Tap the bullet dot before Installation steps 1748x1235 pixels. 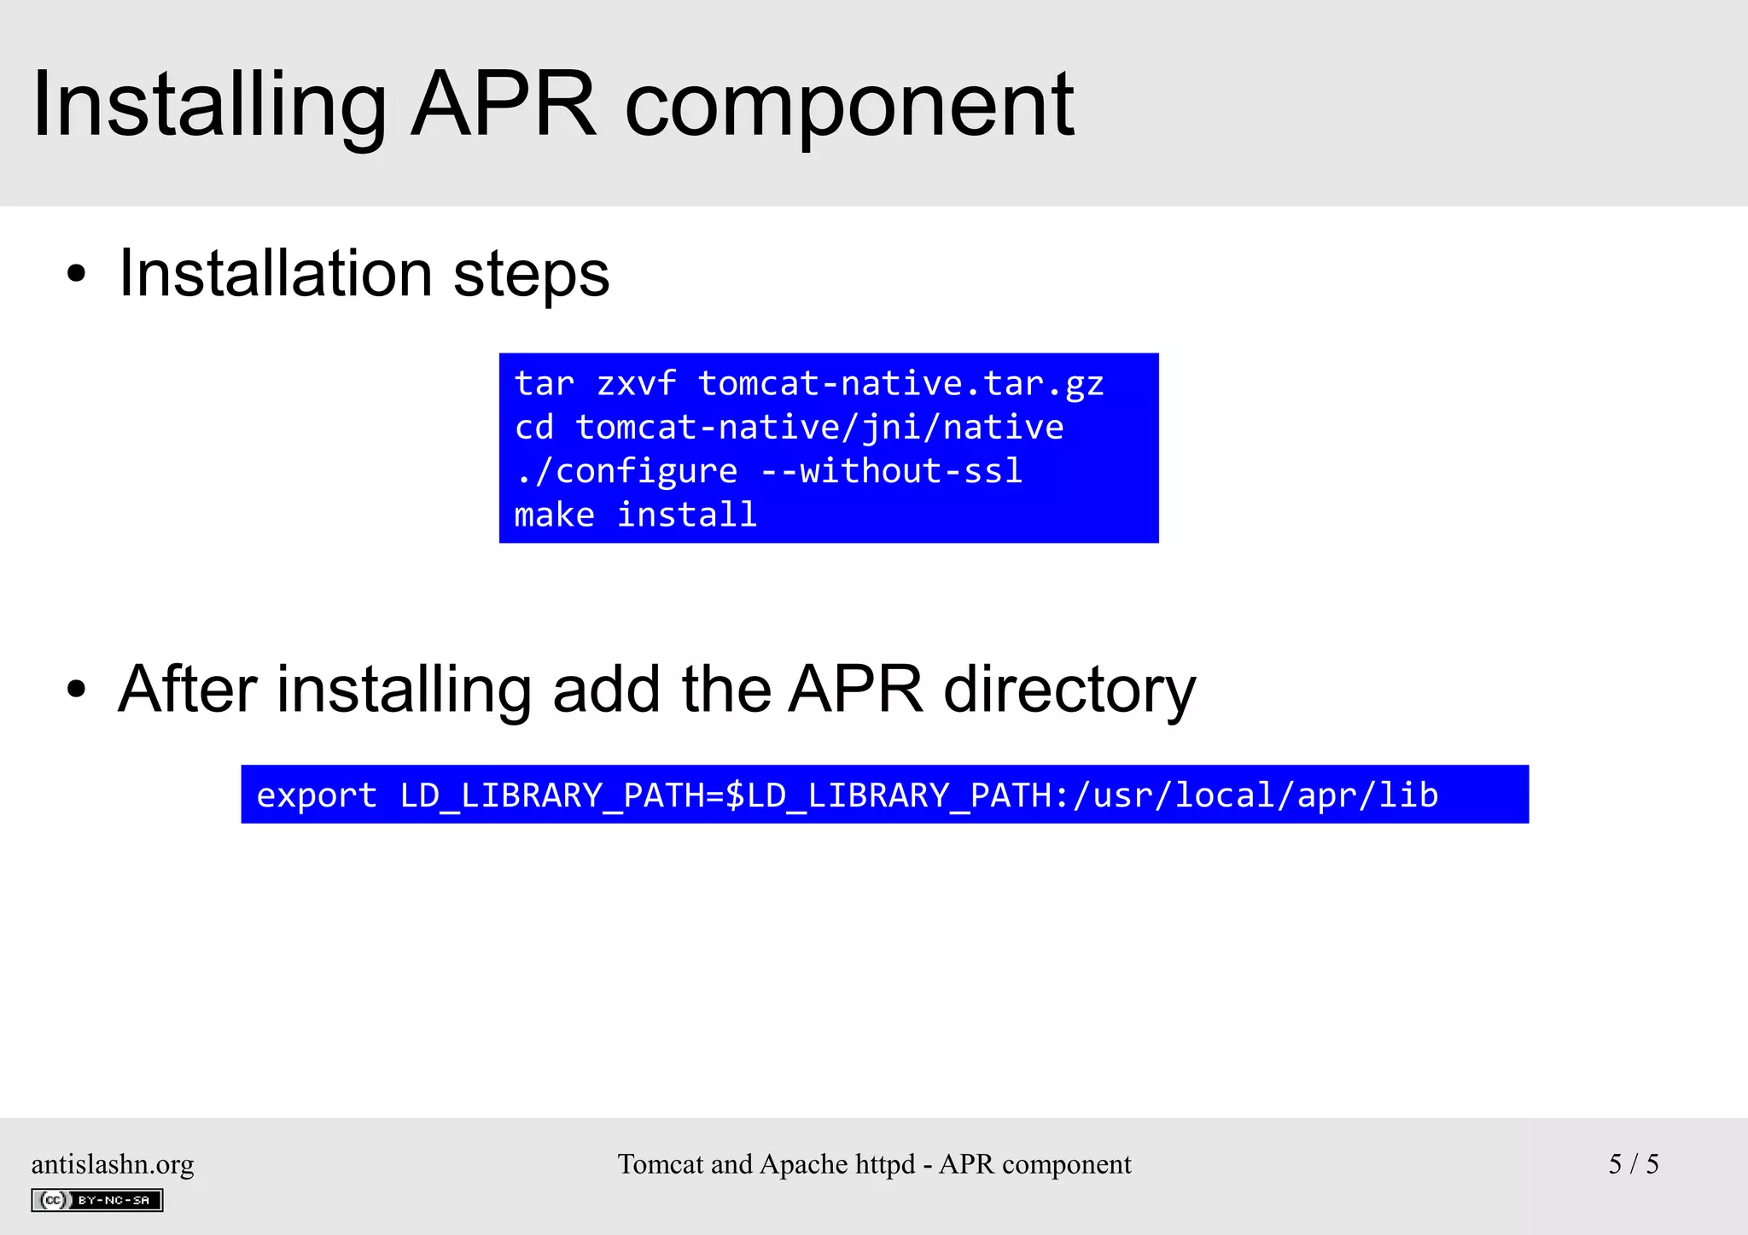click(77, 275)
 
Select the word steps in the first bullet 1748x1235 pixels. click(531, 275)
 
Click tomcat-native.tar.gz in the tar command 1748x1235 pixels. click(900, 383)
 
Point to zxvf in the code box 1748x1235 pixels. click(636, 383)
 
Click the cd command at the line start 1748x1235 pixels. click(534, 427)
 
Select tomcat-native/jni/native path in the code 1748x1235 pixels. click(819, 427)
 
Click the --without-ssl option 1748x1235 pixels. click(891, 471)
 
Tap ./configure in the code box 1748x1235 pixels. click(626, 471)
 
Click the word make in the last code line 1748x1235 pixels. click(554, 515)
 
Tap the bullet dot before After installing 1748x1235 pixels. click(77, 690)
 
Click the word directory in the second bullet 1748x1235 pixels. click(1069, 690)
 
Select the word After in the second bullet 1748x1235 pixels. click(188, 690)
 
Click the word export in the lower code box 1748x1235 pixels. click(317, 795)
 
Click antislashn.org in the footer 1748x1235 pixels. click(113, 1164)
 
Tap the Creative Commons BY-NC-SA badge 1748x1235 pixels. click(97, 1200)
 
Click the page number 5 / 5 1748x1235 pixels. click(1633, 1164)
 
